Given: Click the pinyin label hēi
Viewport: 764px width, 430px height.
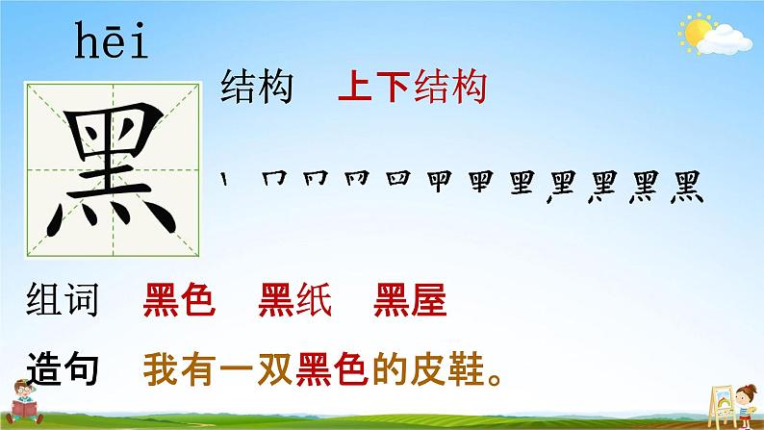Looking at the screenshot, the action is [111, 40].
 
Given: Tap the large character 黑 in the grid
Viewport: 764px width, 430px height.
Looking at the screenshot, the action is [112, 169].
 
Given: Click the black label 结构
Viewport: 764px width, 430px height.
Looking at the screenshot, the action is [257, 87].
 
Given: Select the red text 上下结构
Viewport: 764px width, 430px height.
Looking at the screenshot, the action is [413, 87].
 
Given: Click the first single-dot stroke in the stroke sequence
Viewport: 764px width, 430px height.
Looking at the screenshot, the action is [224, 179].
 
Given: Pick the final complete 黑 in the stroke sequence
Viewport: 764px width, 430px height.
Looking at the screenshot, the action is [687, 187].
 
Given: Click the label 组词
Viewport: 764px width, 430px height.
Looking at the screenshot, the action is [63, 299].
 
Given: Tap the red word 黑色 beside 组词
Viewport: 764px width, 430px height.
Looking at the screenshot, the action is [179, 299].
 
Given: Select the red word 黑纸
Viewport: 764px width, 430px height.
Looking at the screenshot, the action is [295, 299].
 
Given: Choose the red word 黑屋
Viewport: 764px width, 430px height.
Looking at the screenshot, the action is [410, 299].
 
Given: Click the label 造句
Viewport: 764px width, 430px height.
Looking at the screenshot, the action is [63, 368].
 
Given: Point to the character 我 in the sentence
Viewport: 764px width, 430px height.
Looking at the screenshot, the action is [162, 369].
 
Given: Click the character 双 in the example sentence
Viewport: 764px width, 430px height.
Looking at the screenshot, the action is [276, 369].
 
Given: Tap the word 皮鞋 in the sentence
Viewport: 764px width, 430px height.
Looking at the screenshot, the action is [447, 369].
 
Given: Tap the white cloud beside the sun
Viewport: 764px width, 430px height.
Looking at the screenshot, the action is [725, 40].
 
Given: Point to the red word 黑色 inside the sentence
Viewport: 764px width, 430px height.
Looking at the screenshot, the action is [332, 369].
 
